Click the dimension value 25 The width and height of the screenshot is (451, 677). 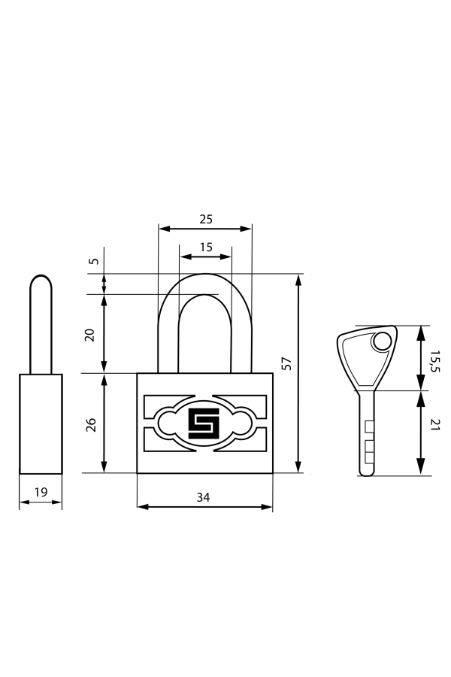point(205,219)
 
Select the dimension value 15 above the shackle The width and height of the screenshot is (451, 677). point(205,247)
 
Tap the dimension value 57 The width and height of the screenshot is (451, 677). point(286,363)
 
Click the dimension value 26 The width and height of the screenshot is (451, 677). point(91,424)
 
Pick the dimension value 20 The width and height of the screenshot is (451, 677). point(91,334)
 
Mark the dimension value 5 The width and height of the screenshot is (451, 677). point(93,262)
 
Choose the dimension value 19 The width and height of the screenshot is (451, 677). point(41,492)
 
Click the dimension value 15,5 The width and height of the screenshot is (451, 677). point(434,359)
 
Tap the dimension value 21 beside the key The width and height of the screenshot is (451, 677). point(434,427)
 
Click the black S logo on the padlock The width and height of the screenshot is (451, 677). point(203,424)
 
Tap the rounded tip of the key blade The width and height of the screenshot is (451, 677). point(366,472)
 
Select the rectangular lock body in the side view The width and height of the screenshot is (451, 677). point(41,424)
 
